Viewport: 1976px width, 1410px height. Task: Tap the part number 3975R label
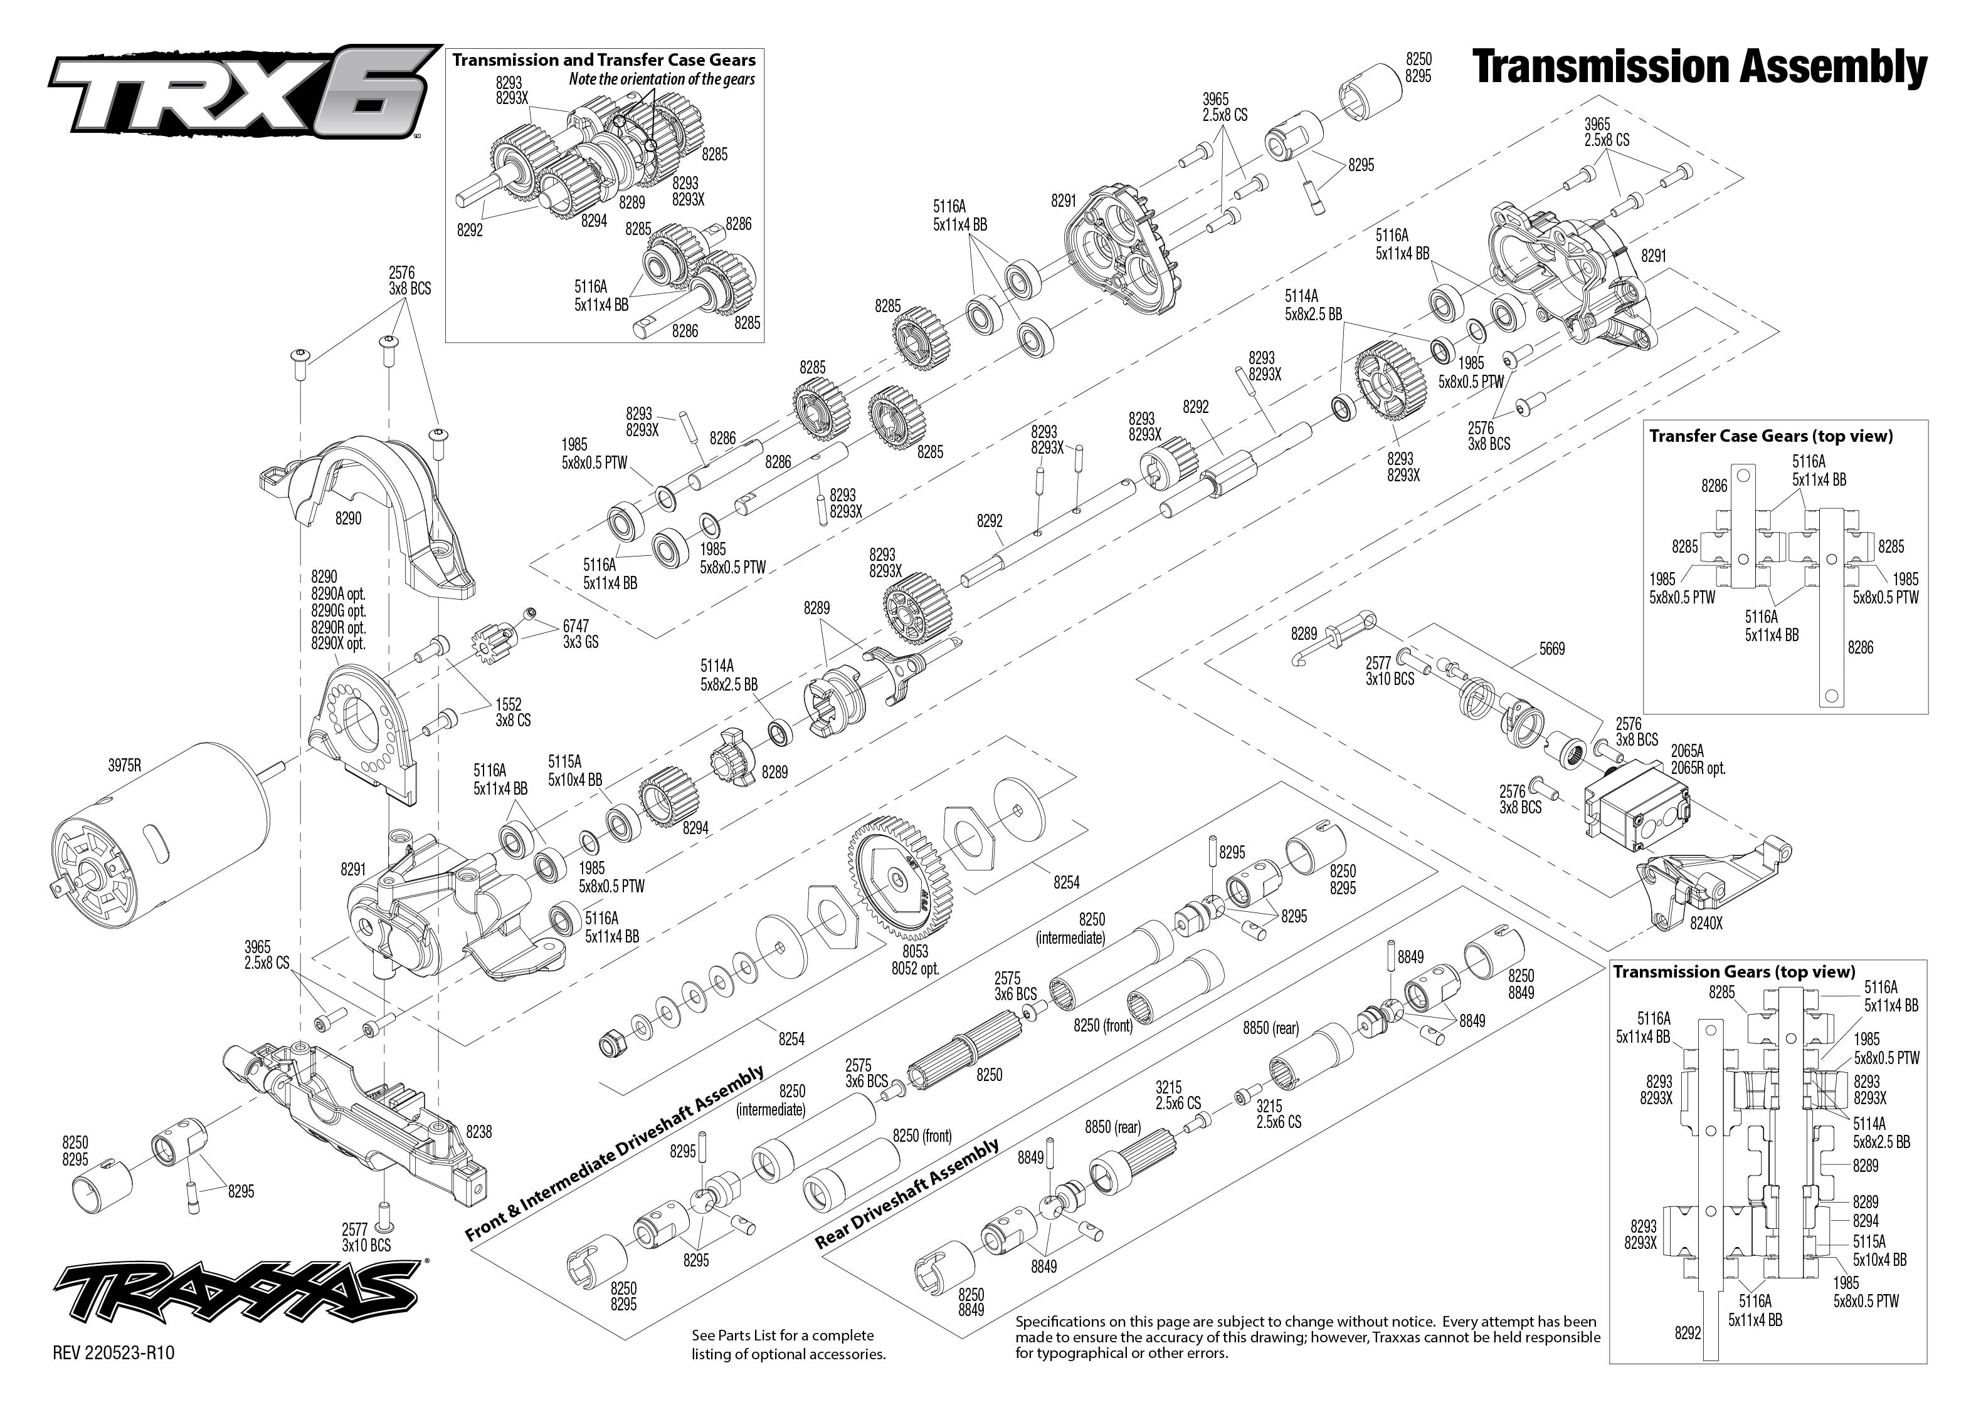tap(124, 766)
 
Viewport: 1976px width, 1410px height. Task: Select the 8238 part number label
tap(478, 1131)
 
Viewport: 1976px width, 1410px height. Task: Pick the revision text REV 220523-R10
tap(114, 1353)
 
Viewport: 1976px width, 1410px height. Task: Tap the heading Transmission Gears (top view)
tap(1734, 971)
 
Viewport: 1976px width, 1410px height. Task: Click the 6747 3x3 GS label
tap(580, 634)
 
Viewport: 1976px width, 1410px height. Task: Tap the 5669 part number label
tap(1551, 649)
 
